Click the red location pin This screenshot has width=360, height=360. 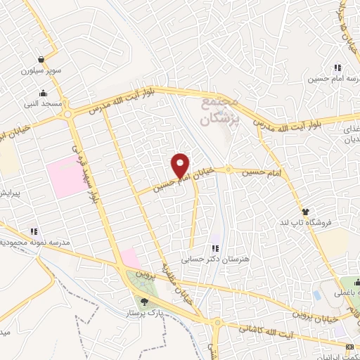click(181, 165)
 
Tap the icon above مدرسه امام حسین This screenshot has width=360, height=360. click(337, 67)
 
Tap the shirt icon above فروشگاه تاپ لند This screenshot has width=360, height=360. click(305, 210)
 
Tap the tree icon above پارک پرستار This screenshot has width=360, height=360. click(145, 302)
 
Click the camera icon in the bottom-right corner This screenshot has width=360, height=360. click(349, 347)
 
